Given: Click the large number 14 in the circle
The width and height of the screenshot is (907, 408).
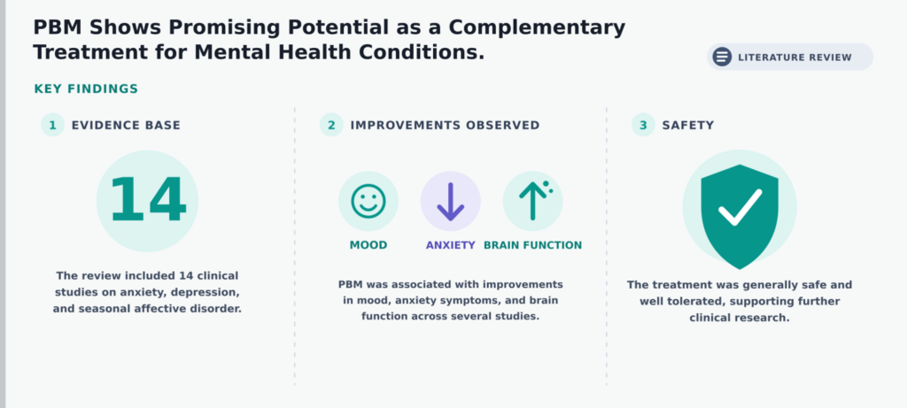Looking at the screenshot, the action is (148, 200).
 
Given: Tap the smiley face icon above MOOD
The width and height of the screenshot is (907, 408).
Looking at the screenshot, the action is (368, 201).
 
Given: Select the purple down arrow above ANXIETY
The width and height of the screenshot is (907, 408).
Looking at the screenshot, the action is (451, 202).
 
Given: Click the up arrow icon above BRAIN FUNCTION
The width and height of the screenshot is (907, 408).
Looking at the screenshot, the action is (534, 201).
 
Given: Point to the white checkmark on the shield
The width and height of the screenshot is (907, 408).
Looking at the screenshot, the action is (740, 207).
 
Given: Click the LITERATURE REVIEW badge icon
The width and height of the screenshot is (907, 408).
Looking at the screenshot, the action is (722, 57).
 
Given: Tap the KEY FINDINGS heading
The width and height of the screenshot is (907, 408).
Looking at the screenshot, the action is (86, 89).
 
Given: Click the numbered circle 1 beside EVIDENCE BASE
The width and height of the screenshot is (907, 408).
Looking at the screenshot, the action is (52, 125).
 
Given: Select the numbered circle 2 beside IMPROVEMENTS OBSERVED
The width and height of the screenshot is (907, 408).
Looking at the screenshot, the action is (331, 125).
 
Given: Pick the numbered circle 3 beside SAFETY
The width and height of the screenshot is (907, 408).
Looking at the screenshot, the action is (643, 125).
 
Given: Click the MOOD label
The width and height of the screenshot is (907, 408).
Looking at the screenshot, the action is (368, 245).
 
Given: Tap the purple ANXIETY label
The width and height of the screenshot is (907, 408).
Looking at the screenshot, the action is (451, 245).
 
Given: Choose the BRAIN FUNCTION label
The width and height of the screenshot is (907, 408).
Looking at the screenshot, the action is (532, 245).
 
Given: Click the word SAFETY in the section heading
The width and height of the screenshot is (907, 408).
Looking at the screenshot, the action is (688, 126).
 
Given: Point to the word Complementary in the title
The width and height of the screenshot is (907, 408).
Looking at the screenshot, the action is (537, 28).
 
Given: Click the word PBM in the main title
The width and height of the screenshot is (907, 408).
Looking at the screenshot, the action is (57, 27).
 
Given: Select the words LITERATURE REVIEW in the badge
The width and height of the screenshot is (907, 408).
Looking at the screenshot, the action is (795, 58).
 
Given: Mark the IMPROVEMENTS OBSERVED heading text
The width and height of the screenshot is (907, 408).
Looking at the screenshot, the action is (445, 126).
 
